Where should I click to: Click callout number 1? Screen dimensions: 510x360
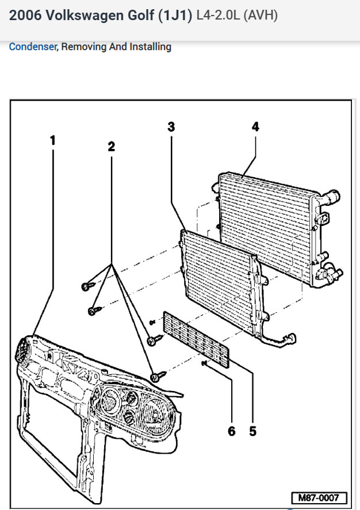[53, 140]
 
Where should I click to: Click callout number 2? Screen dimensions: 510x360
[111, 147]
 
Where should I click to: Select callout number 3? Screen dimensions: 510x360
[171, 127]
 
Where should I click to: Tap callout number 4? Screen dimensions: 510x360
[255, 127]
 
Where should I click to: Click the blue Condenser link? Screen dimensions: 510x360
[33, 47]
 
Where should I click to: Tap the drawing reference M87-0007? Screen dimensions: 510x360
[318, 497]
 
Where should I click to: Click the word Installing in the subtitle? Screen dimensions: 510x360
[151, 47]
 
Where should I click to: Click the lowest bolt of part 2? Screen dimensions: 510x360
[157, 377]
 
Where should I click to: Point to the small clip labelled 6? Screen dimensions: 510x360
[205, 363]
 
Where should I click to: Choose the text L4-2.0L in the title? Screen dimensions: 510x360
[218, 16]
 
